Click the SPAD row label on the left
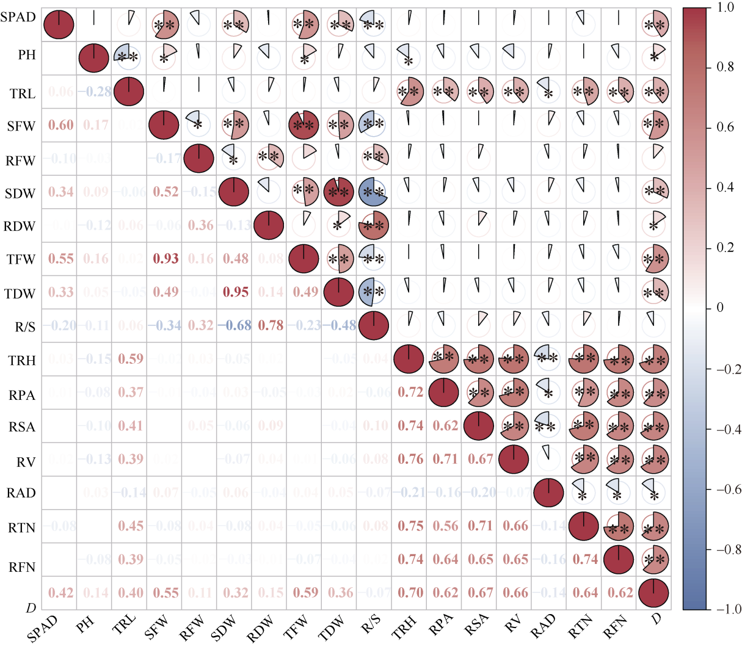(x=18, y=17)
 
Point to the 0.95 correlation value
(x=236, y=292)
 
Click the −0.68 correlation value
(x=236, y=325)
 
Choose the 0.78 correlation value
(x=270, y=325)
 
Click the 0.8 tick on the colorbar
(x=726, y=67)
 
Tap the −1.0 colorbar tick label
(x=729, y=610)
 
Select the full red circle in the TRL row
(x=128, y=92)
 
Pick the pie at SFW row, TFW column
(x=304, y=126)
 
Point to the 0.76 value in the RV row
(x=410, y=458)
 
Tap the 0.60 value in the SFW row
(x=60, y=126)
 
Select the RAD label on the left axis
(x=21, y=493)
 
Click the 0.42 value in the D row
(x=60, y=593)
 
